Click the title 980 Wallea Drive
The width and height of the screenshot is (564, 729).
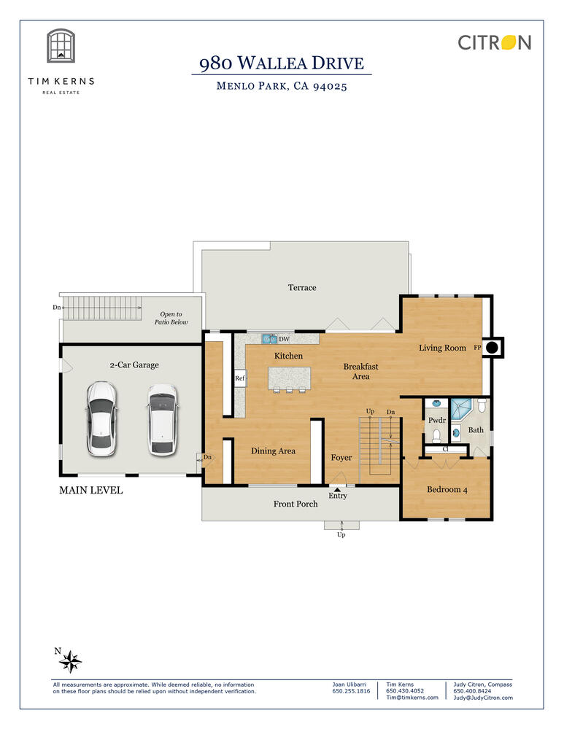(x=282, y=63)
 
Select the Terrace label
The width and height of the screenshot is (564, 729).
(x=302, y=287)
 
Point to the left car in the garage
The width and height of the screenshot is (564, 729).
(x=101, y=418)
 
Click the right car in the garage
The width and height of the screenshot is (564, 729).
(x=163, y=419)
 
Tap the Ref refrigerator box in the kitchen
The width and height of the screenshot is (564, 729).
(x=239, y=378)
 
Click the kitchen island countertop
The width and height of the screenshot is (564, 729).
(x=289, y=378)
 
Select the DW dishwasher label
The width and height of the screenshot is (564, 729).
(x=284, y=339)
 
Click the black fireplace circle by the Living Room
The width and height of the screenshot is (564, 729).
(x=492, y=347)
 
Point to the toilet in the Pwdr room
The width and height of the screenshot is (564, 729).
(x=436, y=436)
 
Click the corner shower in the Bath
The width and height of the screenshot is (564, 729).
(x=460, y=409)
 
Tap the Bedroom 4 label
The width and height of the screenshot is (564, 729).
(x=447, y=489)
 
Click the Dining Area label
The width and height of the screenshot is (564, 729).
(x=273, y=451)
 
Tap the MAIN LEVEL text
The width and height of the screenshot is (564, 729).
(x=90, y=490)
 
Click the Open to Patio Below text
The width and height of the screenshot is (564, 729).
(x=171, y=318)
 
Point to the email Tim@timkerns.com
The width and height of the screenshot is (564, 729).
(x=412, y=698)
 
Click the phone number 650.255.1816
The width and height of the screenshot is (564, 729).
(x=352, y=691)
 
